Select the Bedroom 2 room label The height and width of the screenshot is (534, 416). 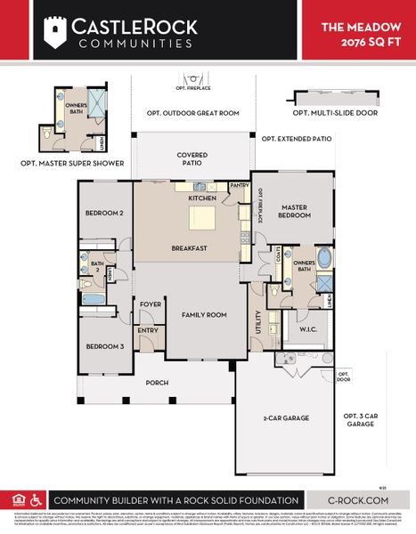104,214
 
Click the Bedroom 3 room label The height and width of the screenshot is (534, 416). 104,346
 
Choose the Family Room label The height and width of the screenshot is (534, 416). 204,315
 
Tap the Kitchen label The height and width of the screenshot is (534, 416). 202,198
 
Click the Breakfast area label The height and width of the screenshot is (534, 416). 190,248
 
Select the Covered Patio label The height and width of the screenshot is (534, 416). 192,158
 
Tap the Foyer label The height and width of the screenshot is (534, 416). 150,304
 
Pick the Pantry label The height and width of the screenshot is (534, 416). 238,185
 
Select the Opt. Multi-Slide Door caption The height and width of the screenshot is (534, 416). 333,114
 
